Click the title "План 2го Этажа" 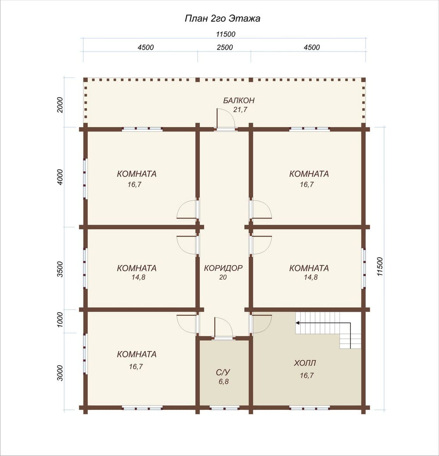223,18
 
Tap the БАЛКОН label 239,100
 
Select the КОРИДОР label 223,268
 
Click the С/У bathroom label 223,372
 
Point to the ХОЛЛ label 305,363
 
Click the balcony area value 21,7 240,109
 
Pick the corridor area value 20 223,277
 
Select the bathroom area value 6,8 223,382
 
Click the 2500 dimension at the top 225,47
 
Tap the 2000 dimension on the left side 60,105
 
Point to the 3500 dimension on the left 60,269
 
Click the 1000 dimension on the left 60,320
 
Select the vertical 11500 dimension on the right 380,266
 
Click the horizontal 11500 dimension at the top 226,34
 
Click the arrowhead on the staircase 298,322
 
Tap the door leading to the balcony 225,119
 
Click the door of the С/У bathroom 223,328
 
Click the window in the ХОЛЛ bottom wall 309,409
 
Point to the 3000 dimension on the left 60,373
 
